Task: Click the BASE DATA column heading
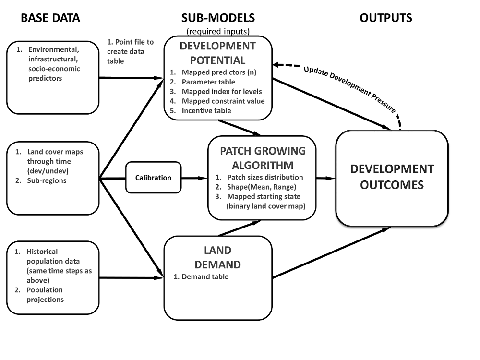(49, 18)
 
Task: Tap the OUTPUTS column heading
(386, 18)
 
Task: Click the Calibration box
(153, 178)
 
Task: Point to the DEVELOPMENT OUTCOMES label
(392, 177)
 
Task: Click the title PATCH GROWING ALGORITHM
(263, 158)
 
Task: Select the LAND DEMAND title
(217, 257)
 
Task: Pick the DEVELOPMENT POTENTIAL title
(217, 53)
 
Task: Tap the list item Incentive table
(206, 110)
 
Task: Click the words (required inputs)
(217, 32)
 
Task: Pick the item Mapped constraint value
(223, 101)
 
